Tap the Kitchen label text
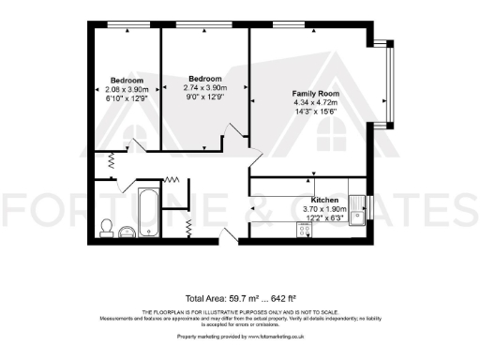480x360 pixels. pos(324,200)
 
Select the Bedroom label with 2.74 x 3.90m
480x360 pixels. pos(204,78)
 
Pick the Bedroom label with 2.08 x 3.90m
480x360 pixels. pos(126,80)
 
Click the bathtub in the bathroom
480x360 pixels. pos(148,213)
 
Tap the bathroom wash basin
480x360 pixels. pos(127,229)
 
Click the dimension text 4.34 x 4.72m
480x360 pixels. pos(315,104)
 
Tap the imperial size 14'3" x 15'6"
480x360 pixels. pos(315,112)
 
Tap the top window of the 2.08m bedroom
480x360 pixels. pos(124,24)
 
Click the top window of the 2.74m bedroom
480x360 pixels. pos(204,24)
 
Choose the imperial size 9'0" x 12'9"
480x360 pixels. pos(204,96)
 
